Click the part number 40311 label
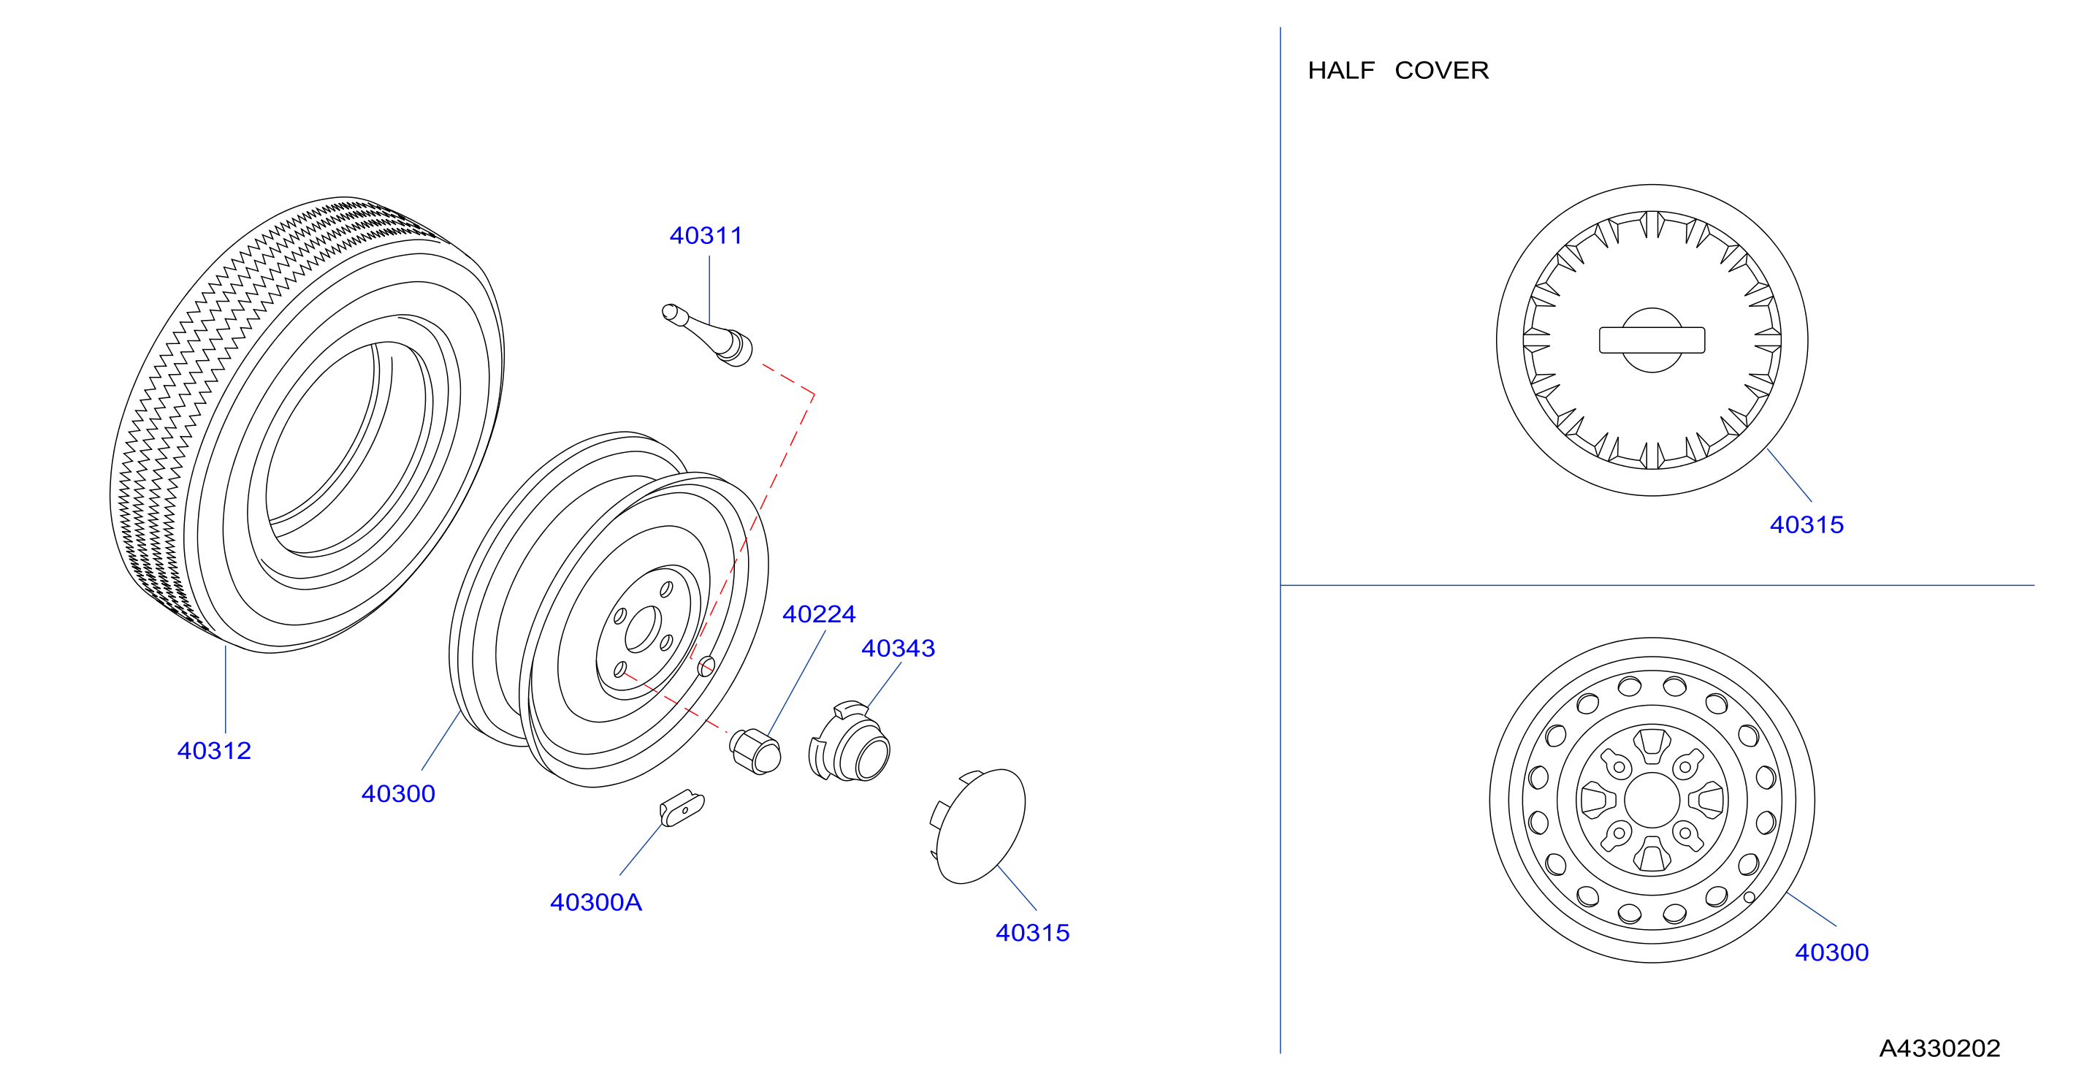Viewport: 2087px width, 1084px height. pyautogui.click(x=706, y=236)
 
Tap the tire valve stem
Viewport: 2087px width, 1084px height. pyautogui.click(x=707, y=335)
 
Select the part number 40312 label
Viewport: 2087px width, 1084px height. pyautogui.click(x=214, y=751)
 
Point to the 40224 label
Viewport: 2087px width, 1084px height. pyautogui.click(x=819, y=614)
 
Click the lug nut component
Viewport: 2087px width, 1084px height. pyautogui.click(x=755, y=752)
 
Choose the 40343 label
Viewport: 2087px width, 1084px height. pyautogui.click(x=898, y=648)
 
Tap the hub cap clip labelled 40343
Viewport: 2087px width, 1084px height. pyautogui.click(x=849, y=742)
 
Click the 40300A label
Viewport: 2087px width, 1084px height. pyautogui.click(x=596, y=903)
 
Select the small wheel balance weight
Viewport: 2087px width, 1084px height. pyautogui.click(x=682, y=808)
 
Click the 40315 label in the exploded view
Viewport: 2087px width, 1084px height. pyautogui.click(x=1033, y=934)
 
